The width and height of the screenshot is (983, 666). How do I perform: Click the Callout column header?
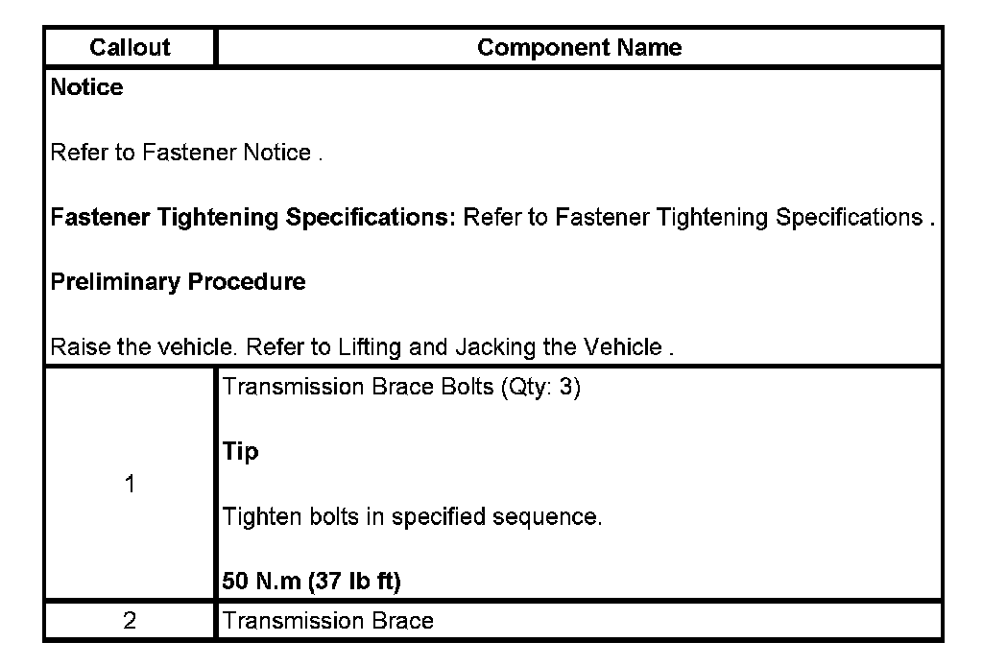pos(130,48)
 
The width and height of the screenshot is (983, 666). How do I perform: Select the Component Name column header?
pos(579,48)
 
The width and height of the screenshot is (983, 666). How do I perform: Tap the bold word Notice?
pos(86,88)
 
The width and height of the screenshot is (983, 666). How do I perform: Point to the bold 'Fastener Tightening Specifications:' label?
pos(253,218)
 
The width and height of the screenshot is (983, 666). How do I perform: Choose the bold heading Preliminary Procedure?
pos(178,282)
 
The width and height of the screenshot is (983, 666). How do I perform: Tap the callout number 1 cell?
pos(130,485)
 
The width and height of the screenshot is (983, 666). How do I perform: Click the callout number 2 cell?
pos(130,621)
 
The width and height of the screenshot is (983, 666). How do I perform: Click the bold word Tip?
pos(240,453)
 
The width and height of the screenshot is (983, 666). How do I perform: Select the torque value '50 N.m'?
pos(259,583)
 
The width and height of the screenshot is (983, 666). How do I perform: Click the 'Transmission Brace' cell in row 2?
pos(327,621)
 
